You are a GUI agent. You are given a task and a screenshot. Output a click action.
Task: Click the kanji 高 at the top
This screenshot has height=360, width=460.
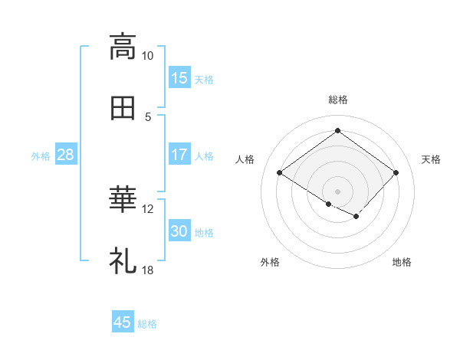[x=123, y=46]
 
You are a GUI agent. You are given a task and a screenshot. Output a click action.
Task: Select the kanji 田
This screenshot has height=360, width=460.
[x=123, y=109]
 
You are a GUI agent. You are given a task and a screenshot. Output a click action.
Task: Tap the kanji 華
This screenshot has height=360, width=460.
[x=123, y=201]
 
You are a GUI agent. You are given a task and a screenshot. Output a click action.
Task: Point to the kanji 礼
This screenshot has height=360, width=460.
[x=123, y=262]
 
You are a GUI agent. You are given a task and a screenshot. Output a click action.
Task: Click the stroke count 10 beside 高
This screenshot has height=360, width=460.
[x=148, y=56]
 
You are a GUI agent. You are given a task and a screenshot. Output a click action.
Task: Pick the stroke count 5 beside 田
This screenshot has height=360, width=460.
[x=148, y=117]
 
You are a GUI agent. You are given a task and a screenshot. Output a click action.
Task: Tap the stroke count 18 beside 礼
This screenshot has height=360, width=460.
[x=148, y=270]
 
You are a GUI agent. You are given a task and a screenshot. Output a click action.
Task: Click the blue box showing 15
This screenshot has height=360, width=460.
[x=179, y=78]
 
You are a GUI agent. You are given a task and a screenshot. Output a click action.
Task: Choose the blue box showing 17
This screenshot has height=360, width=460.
[x=179, y=155]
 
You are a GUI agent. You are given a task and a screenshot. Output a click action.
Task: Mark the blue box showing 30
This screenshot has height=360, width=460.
[x=179, y=231]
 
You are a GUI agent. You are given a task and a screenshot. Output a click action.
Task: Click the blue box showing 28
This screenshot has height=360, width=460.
[x=65, y=155]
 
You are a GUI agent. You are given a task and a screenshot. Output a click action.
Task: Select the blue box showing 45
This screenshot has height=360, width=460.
[x=123, y=322]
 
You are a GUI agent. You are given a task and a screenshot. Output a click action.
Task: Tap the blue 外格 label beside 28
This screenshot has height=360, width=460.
[x=41, y=156]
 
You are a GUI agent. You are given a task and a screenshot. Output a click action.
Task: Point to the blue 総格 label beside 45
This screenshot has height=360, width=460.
[x=148, y=324]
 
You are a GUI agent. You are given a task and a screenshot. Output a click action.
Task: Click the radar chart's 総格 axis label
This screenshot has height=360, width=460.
[x=337, y=100]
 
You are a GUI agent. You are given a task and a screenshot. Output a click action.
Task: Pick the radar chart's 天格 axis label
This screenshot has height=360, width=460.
[x=431, y=159]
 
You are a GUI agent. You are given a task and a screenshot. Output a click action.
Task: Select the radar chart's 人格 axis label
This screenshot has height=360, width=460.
[x=245, y=159]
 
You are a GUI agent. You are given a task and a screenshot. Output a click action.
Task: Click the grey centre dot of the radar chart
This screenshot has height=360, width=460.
[x=337, y=191]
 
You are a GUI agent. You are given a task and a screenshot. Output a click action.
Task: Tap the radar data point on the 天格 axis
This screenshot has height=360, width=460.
[x=396, y=172]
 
